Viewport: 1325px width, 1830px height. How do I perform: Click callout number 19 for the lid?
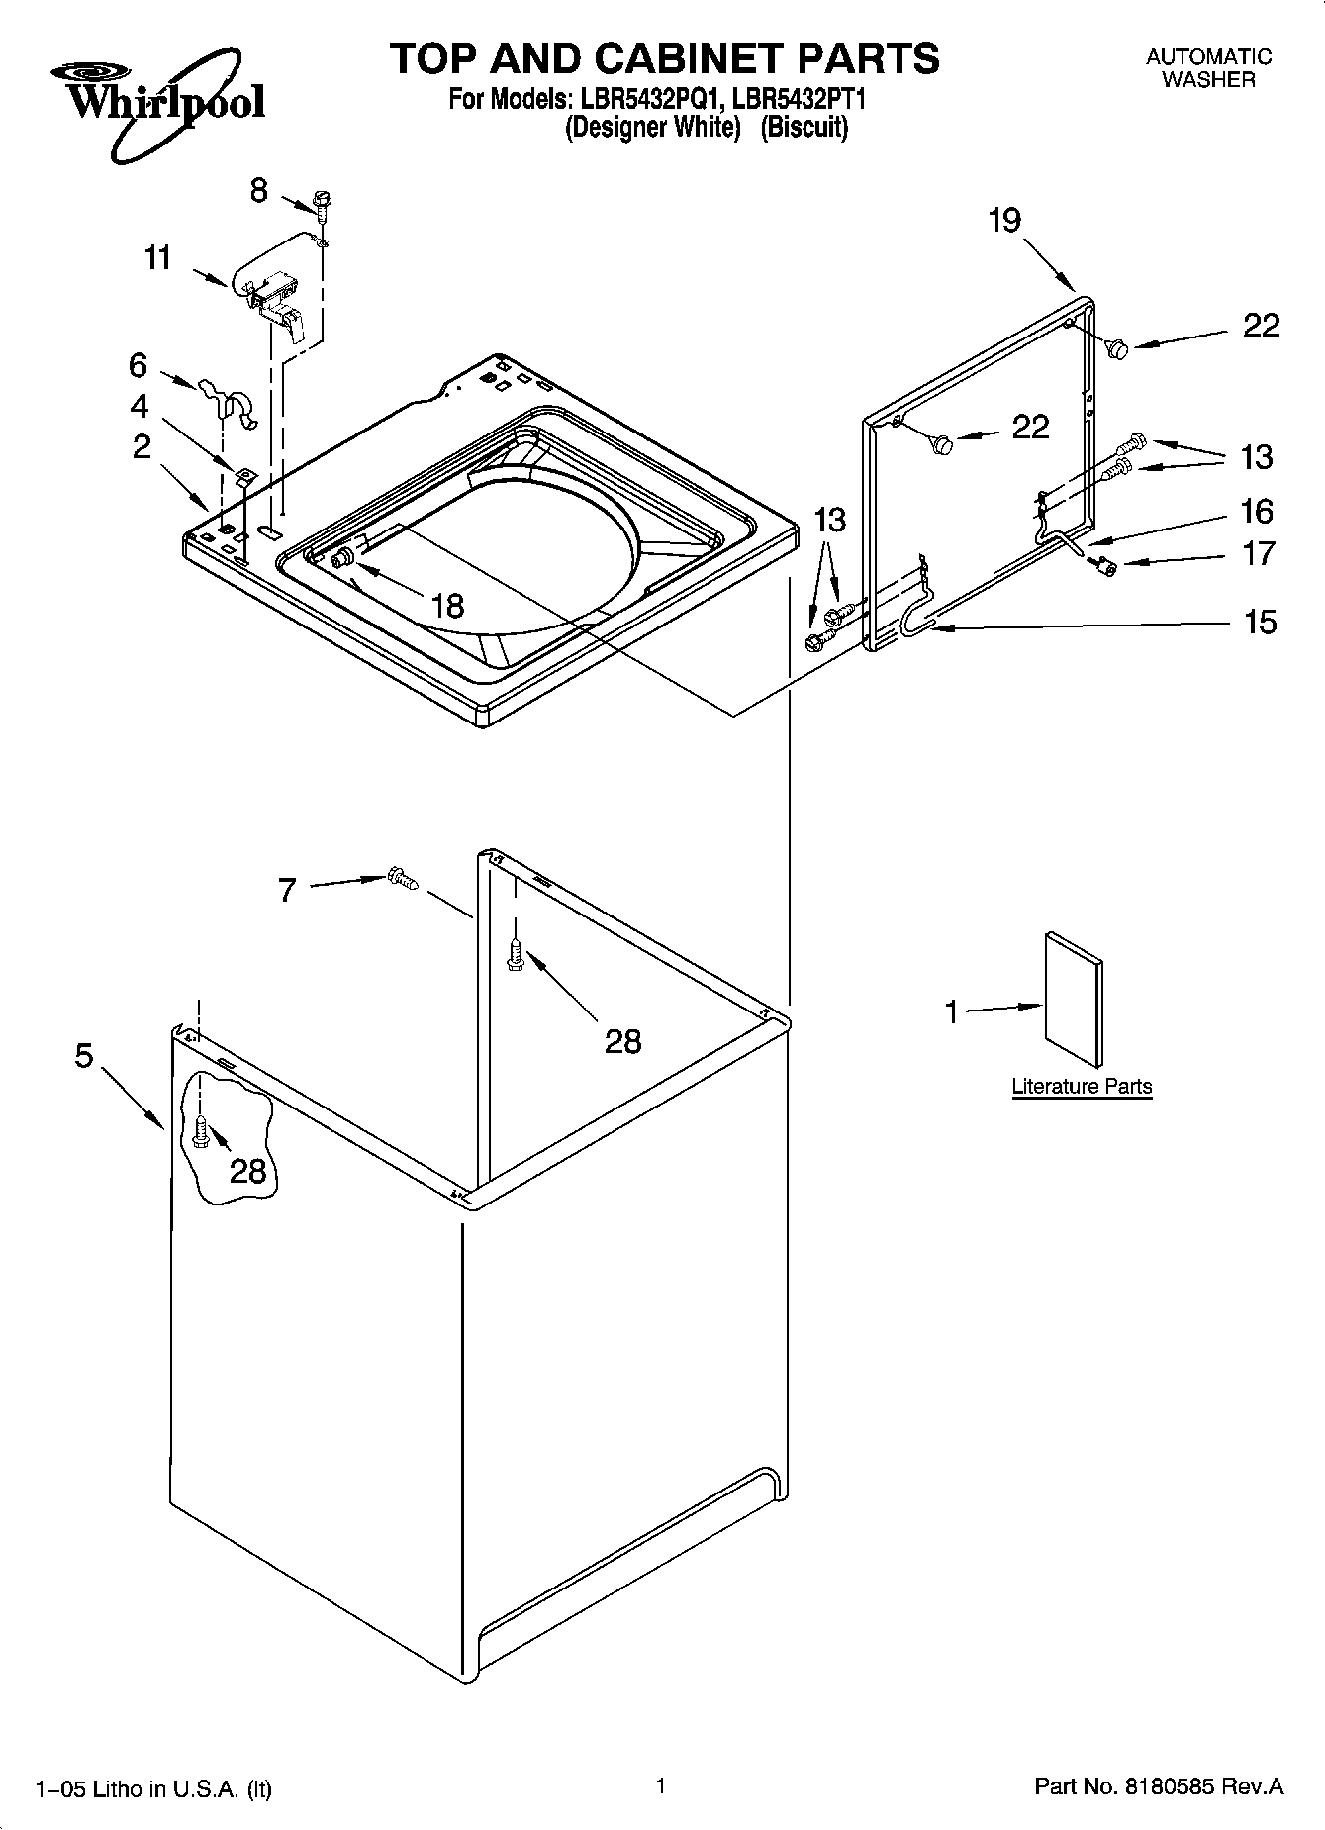1004,220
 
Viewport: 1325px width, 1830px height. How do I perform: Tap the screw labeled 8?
322,202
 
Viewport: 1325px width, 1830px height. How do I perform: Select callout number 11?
158,258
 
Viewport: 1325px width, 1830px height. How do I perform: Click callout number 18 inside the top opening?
448,605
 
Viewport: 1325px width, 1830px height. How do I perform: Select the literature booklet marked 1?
1073,1000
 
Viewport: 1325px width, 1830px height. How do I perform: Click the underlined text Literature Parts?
1082,1086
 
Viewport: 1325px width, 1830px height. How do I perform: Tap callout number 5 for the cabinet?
85,1056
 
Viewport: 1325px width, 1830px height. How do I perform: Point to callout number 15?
1260,622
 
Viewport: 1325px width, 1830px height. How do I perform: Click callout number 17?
1259,553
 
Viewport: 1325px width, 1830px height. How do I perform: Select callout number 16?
1258,511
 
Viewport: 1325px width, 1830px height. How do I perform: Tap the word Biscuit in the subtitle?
804,128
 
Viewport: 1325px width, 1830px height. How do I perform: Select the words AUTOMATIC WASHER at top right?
1208,68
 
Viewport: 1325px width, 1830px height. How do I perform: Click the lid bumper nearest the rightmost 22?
1118,347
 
